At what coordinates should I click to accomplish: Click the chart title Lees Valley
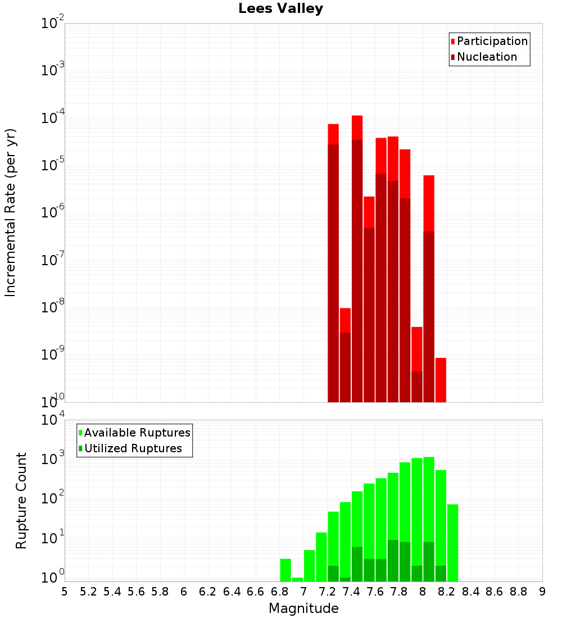pyautogui.click(x=280, y=9)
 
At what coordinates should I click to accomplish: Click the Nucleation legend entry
pyautogui.click(x=487, y=57)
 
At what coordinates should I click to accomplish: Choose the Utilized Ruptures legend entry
pyautogui.click(x=133, y=448)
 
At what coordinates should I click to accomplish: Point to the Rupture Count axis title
pyautogui.click(x=21, y=501)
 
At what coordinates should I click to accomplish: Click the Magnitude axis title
pyautogui.click(x=303, y=608)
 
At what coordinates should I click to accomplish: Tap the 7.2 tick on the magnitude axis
pyautogui.click(x=327, y=592)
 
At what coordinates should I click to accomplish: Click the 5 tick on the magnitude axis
pyautogui.click(x=65, y=592)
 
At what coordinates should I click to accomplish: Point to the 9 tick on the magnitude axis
pyautogui.click(x=542, y=592)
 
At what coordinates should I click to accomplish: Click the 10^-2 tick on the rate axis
pyautogui.click(x=53, y=24)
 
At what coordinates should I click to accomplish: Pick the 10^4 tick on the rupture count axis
pyautogui.click(x=53, y=420)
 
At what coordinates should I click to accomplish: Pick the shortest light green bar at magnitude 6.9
pyautogui.click(x=297, y=579)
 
